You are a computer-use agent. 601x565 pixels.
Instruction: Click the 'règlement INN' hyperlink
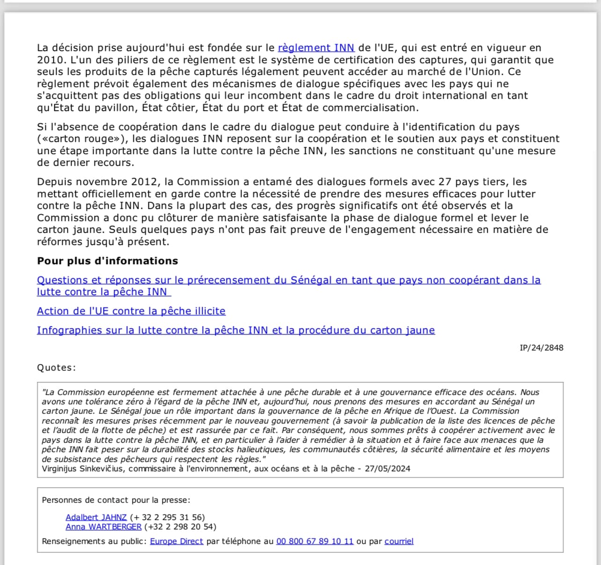(x=316, y=48)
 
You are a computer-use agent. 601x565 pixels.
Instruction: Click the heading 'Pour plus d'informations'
(x=108, y=261)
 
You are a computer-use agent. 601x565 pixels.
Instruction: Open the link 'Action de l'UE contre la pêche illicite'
(x=131, y=311)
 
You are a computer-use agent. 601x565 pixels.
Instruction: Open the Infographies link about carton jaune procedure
(x=235, y=330)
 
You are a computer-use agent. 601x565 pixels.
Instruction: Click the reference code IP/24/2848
(x=541, y=348)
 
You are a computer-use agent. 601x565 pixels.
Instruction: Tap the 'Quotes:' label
(x=56, y=367)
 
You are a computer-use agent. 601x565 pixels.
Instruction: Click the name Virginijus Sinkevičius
(x=83, y=468)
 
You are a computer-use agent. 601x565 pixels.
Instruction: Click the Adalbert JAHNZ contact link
(x=96, y=517)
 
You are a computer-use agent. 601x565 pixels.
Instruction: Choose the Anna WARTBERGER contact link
(x=103, y=527)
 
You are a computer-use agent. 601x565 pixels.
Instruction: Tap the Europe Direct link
(x=176, y=541)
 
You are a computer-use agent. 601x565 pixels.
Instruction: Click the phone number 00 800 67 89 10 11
(x=315, y=541)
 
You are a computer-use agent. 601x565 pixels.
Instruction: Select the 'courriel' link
(x=399, y=541)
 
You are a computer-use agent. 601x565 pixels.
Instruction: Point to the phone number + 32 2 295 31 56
(x=168, y=517)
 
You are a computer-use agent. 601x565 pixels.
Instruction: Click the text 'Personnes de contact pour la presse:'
(x=116, y=500)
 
